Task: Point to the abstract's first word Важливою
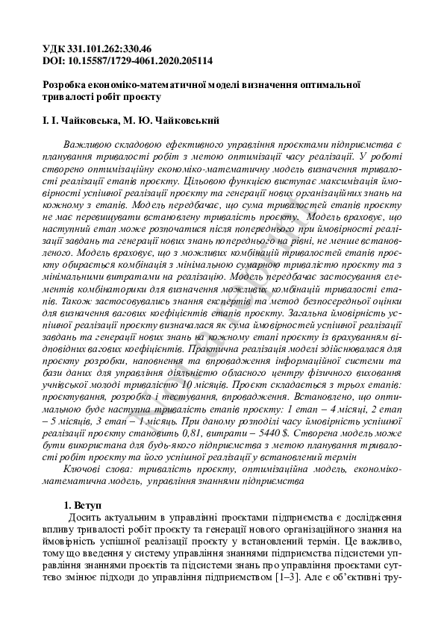coord(88,142)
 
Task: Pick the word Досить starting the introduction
coord(84,518)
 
